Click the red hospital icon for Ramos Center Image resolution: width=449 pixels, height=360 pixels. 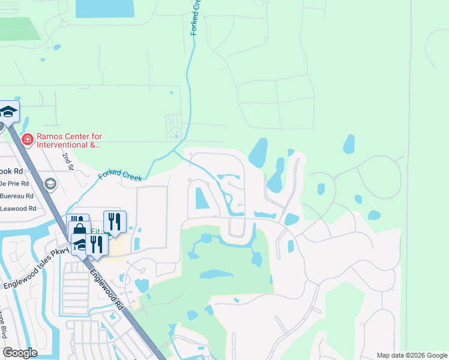pos(26,139)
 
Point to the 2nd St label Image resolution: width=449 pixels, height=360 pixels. pos(67,161)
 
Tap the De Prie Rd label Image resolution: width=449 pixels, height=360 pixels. pos(13,184)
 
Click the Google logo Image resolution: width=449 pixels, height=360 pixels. pos(20,352)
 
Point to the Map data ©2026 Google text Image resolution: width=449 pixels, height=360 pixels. pos(411,355)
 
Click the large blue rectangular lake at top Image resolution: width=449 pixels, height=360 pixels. pos(105,8)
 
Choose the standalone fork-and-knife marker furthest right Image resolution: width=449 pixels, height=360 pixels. pos(115,221)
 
